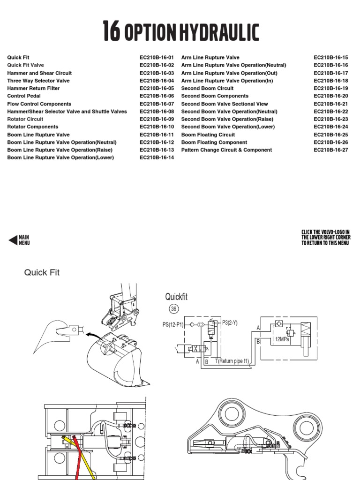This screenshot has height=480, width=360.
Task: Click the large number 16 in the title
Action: coord(111,32)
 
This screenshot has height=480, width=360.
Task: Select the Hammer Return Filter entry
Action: coord(34,89)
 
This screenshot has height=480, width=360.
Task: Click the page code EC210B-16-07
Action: coord(157,104)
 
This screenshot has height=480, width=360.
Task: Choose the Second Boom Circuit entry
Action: coord(207,89)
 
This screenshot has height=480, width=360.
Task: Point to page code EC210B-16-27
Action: coord(331,150)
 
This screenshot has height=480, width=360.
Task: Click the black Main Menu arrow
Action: coord(14,240)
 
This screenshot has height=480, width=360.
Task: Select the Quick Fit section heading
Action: coord(42,273)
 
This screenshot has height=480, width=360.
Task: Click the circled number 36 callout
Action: coord(174,309)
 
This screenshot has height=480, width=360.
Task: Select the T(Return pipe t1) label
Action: coord(239,361)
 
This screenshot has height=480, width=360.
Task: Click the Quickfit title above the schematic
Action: coord(176,297)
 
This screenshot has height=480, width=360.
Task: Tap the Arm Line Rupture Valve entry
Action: coord(210,58)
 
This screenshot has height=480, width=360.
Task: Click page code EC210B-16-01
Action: coord(157,58)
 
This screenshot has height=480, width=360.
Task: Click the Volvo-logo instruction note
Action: coord(326,238)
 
